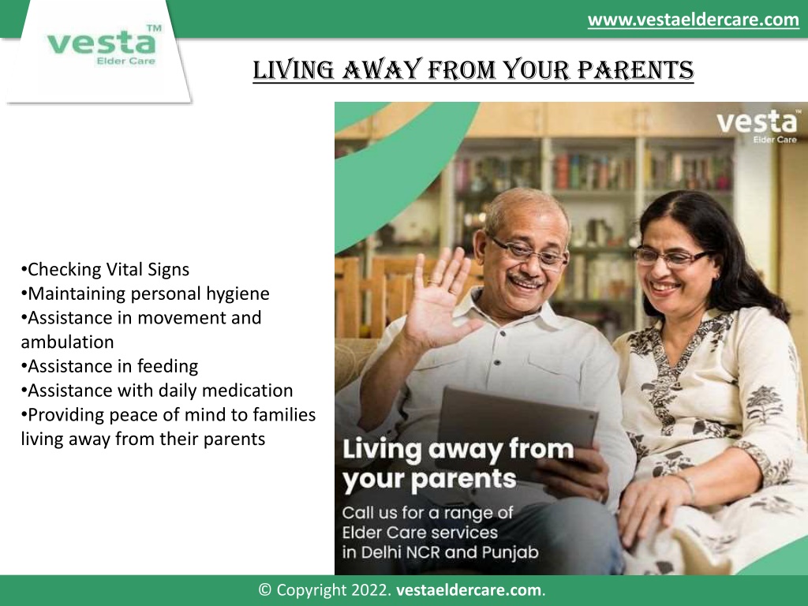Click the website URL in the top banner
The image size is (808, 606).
(693, 20)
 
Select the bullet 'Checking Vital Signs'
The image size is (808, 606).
(105, 270)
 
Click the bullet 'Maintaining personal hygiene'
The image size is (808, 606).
(145, 294)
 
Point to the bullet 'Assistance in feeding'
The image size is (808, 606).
(110, 366)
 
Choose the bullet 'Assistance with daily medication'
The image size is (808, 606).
(157, 391)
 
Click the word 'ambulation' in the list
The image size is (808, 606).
(68, 342)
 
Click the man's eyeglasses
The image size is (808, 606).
(527, 252)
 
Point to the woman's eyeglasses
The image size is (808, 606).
(670, 256)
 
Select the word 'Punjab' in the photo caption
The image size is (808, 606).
(511, 553)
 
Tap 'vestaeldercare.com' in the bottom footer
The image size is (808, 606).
(469, 590)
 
